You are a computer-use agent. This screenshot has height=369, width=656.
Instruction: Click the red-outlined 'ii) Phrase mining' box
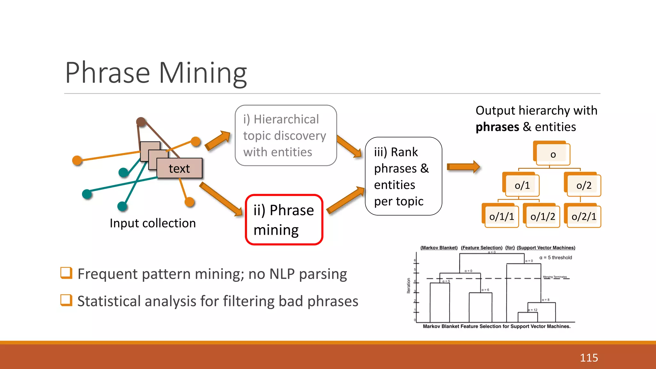click(x=284, y=220)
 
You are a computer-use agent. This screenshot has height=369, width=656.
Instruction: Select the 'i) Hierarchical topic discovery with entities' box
click(x=285, y=135)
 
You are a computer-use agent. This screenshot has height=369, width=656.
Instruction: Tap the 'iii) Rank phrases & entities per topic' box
click(x=403, y=176)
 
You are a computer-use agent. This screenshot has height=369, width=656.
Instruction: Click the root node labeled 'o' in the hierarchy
click(x=553, y=154)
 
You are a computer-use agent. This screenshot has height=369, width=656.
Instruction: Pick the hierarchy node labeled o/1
click(x=522, y=185)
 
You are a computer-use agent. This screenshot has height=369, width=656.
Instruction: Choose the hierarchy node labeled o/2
click(x=583, y=185)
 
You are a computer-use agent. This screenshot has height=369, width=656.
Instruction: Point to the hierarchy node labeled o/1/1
click(x=501, y=217)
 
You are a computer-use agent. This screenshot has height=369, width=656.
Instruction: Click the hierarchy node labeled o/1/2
click(x=542, y=217)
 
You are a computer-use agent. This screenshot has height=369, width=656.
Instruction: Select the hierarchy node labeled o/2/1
click(x=584, y=217)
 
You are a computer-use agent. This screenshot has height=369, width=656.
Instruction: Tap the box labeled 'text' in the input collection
click(x=179, y=168)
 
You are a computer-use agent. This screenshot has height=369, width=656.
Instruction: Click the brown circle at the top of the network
click(x=141, y=122)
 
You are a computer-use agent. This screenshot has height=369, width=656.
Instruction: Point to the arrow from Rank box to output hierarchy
click(x=463, y=167)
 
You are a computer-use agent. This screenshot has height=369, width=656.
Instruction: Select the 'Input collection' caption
click(x=152, y=223)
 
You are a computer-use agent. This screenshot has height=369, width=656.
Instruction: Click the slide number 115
click(x=589, y=357)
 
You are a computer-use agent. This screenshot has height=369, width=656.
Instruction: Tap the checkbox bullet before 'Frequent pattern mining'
click(x=66, y=273)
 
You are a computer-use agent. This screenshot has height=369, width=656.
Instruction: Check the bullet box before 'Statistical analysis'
click(x=66, y=300)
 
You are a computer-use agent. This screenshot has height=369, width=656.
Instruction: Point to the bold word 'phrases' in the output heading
click(x=497, y=127)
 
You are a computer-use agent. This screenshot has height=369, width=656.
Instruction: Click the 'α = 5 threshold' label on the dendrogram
click(x=555, y=258)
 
